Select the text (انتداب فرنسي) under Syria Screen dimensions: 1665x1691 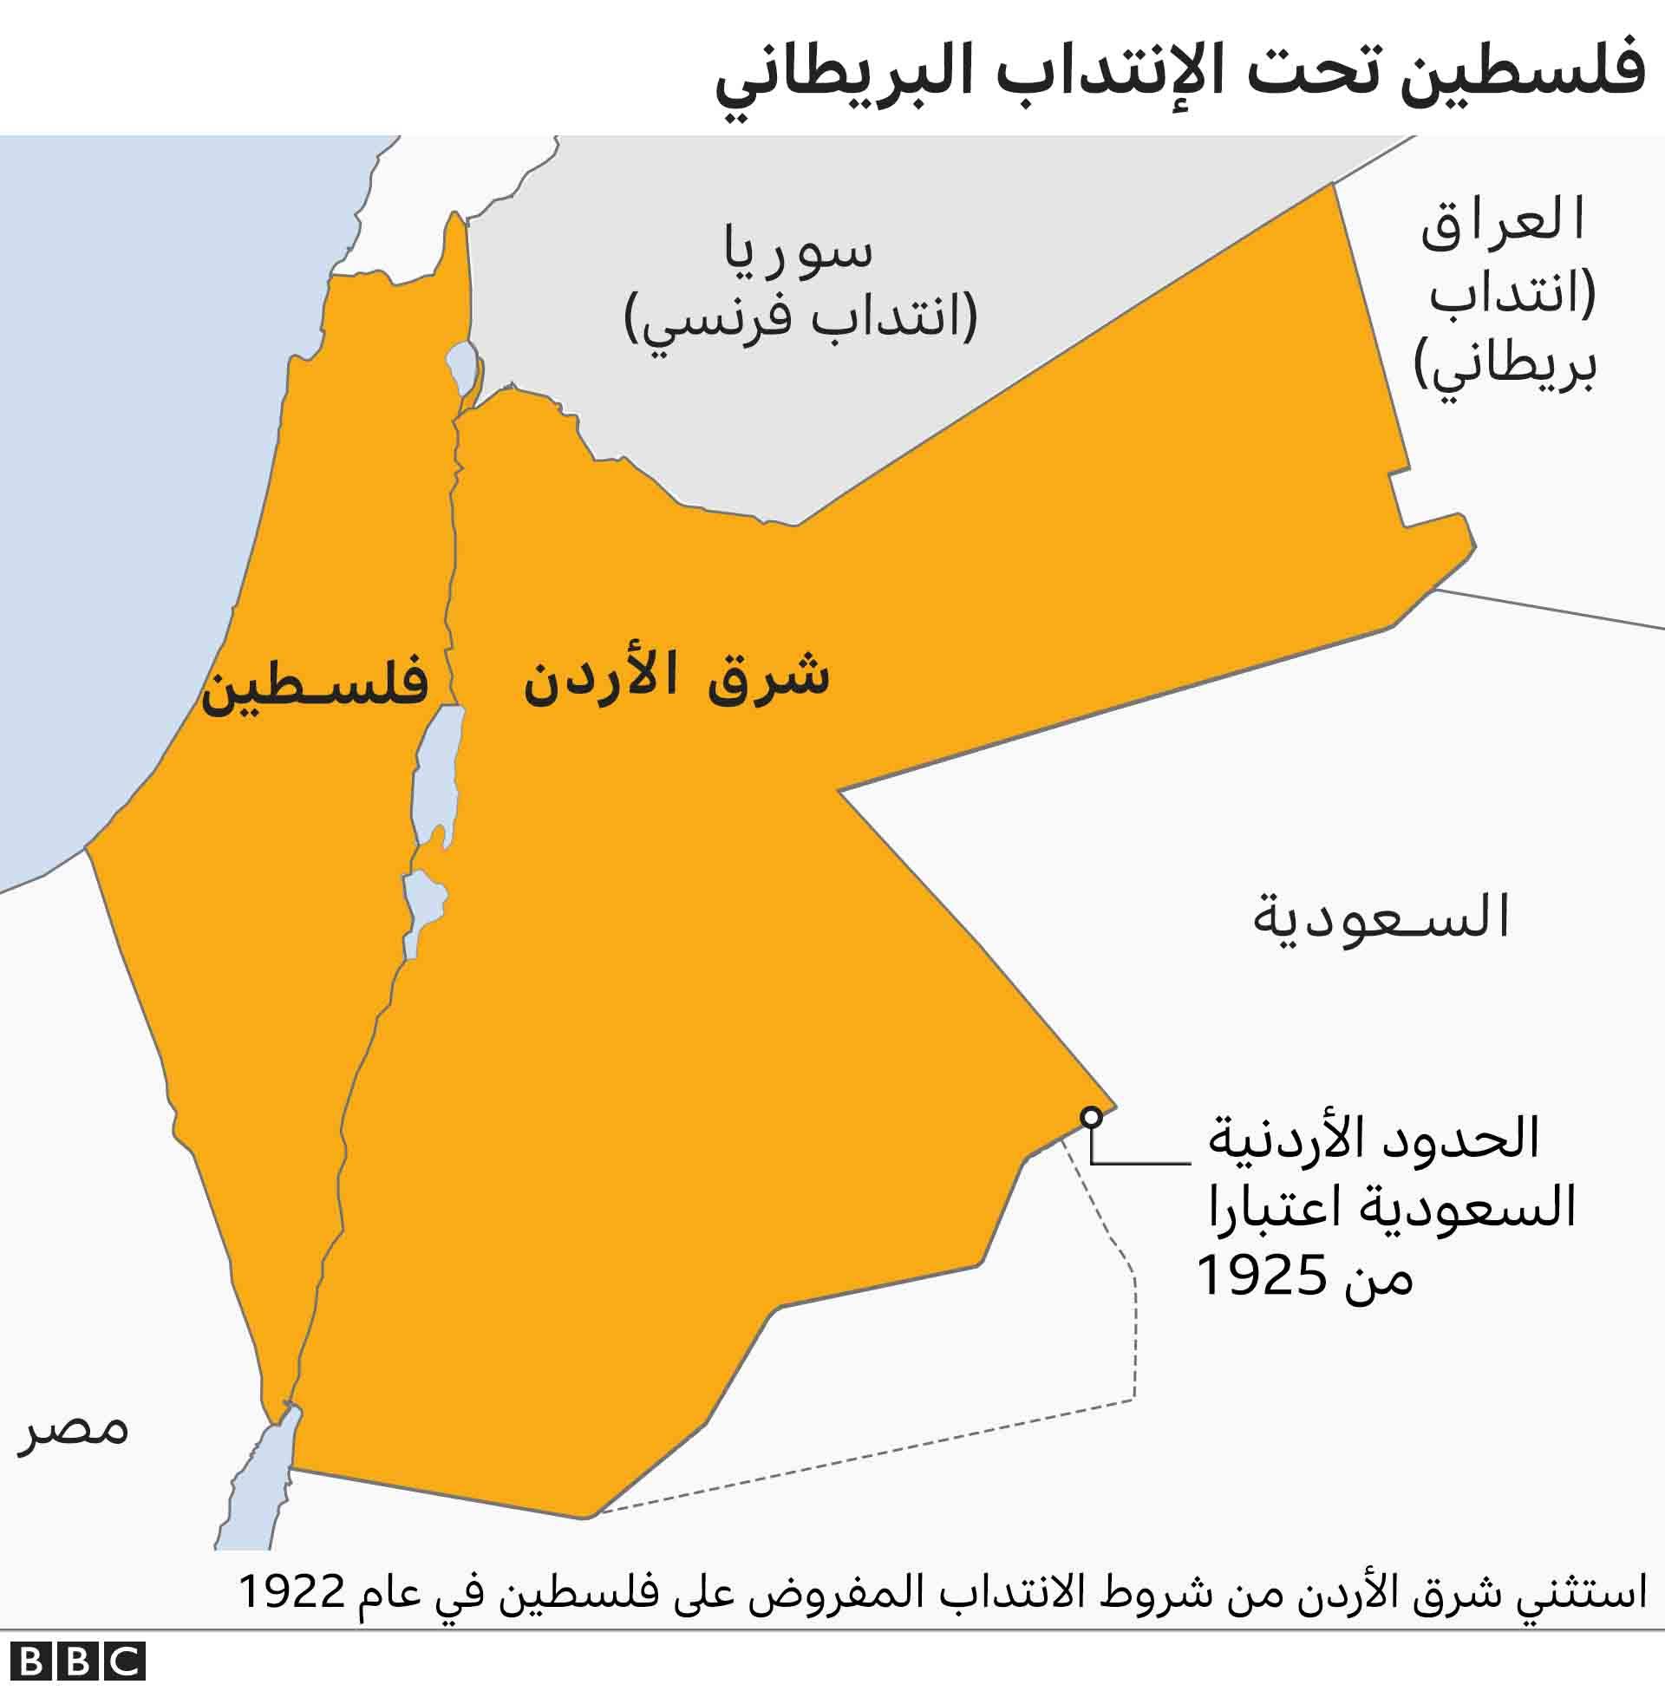[x=800, y=319]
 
